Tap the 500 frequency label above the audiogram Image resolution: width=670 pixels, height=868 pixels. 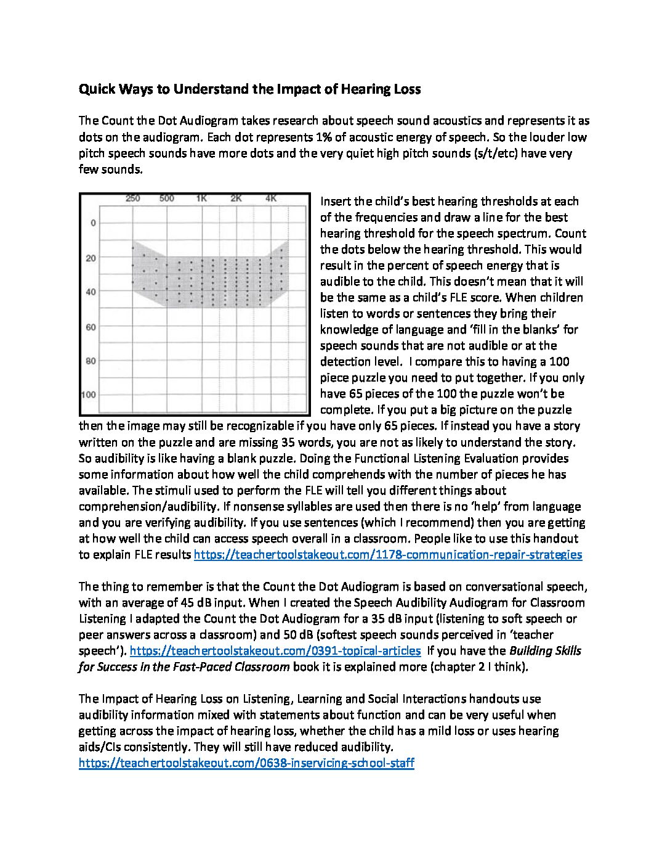pos(167,199)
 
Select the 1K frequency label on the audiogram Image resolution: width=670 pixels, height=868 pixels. pos(201,199)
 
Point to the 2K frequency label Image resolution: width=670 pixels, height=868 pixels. pos(236,199)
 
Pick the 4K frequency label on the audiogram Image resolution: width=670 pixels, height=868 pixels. pos(271,199)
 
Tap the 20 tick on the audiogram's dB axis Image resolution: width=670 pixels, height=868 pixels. pos(91,258)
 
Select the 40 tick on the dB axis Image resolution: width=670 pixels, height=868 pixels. pos(91,292)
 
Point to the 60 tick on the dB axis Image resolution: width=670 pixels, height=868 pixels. pos(91,327)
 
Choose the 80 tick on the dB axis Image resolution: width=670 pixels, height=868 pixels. pos(91,361)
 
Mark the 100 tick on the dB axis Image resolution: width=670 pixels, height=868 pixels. pos(89,395)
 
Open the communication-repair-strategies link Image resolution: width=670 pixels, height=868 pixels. pos(388,555)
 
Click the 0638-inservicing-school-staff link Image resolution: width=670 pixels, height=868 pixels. pos(246,763)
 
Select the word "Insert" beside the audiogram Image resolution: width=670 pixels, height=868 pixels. pos(336,202)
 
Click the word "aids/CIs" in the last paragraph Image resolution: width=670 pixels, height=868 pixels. pos(99,747)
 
